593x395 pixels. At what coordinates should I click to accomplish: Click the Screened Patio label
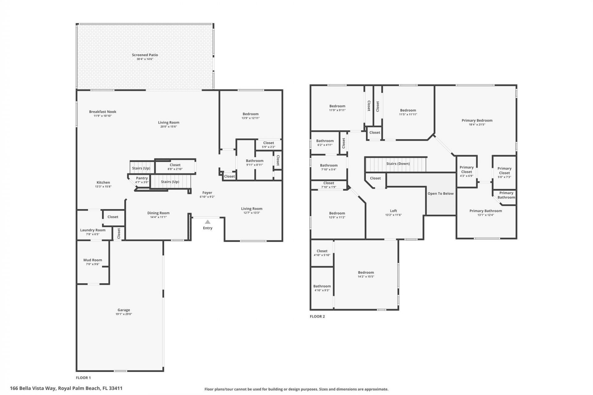pyautogui.click(x=145, y=55)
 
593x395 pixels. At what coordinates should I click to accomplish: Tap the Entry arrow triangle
pyautogui.click(x=208, y=222)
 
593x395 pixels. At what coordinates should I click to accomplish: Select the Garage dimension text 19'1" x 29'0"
pyautogui.click(x=124, y=314)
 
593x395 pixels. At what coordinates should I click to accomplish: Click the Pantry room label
pyautogui.click(x=142, y=178)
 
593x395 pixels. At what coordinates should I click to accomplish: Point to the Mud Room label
pyautogui.click(x=93, y=260)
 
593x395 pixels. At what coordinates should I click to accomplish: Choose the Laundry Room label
pyautogui.click(x=93, y=230)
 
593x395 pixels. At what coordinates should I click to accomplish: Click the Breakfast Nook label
pyautogui.click(x=103, y=112)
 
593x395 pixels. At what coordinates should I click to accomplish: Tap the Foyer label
pyautogui.click(x=207, y=193)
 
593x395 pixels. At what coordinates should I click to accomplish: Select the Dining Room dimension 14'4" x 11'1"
pyautogui.click(x=158, y=217)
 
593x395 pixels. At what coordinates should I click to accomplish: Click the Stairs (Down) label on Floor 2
pyautogui.click(x=398, y=164)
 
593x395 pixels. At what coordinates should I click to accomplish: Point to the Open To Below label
pyautogui.click(x=440, y=193)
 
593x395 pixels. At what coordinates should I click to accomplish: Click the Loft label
pyautogui.click(x=393, y=211)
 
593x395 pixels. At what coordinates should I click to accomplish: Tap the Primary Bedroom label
pyautogui.click(x=477, y=120)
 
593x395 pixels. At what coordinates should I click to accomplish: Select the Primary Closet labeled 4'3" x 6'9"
pyautogui.click(x=466, y=170)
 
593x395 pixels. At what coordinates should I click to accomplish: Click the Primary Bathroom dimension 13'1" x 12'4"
pyautogui.click(x=486, y=215)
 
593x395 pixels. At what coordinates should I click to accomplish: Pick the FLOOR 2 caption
pyautogui.click(x=317, y=316)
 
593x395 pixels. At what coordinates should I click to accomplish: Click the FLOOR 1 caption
pyautogui.click(x=83, y=378)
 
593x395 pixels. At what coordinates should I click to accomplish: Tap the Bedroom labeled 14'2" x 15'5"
pyautogui.click(x=366, y=272)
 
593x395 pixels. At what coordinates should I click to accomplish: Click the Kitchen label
pyautogui.click(x=103, y=182)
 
